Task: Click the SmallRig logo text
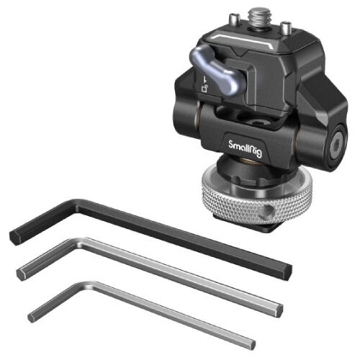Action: coord(245,148)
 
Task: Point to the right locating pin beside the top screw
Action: coord(286,27)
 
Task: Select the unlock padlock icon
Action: coord(204,89)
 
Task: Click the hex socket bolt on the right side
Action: coord(336,147)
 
